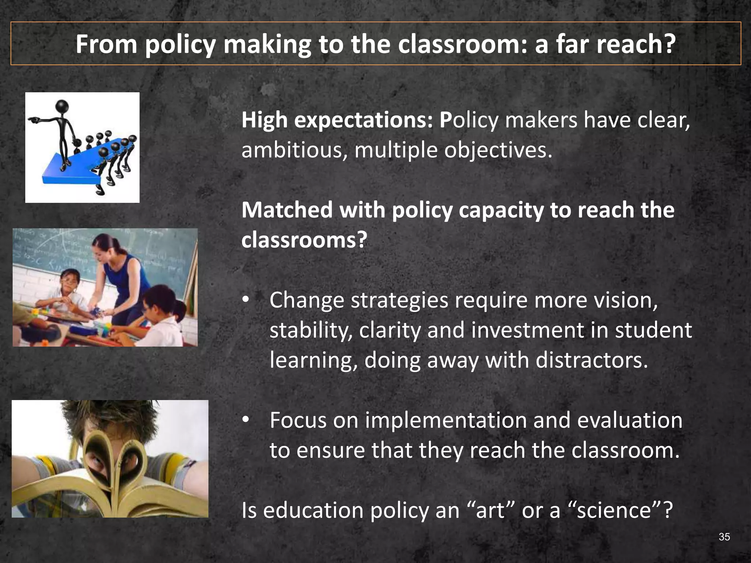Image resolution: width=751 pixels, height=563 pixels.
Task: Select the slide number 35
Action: click(x=724, y=537)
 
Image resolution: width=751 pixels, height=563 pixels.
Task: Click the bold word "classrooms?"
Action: click(x=304, y=240)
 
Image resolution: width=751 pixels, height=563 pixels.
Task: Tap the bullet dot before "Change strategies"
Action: click(x=246, y=300)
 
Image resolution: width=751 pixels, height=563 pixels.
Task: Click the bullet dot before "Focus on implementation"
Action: click(x=246, y=420)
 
